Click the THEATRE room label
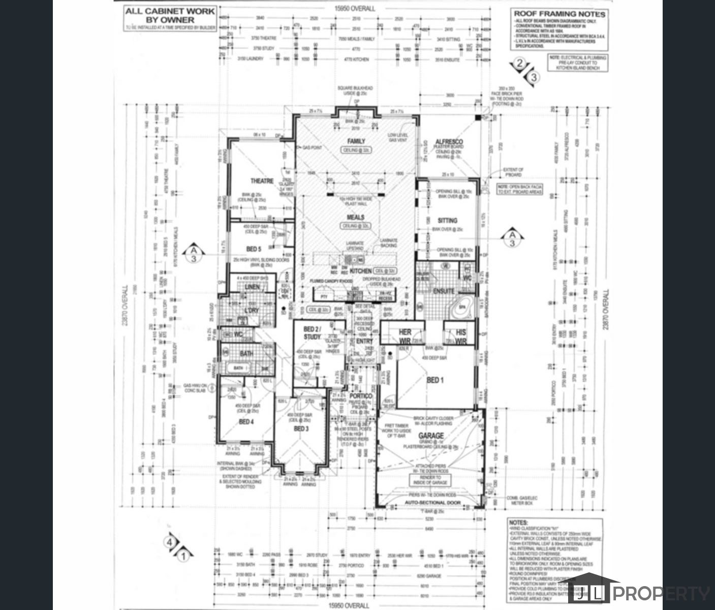tap(262, 181)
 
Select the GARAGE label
tap(431, 436)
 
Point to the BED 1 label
tap(435, 380)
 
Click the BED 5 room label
tap(254, 249)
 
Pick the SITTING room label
tap(447, 221)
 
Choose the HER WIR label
tap(405, 336)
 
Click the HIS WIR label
tap(460, 336)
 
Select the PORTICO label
tap(361, 396)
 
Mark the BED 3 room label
tap(301, 429)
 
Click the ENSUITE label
tap(443, 291)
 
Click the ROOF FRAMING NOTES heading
tap(559, 14)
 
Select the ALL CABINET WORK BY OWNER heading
tap(170, 15)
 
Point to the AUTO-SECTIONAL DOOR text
tap(432, 502)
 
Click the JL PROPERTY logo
tap(640, 592)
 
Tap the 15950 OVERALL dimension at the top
tap(355, 9)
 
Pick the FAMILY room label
tap(356, 141)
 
